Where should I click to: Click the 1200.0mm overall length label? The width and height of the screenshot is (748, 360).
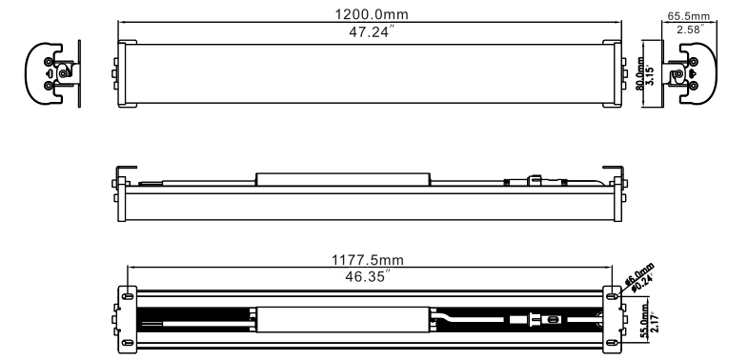(371, 14)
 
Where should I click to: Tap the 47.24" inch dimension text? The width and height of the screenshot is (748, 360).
(372, 33)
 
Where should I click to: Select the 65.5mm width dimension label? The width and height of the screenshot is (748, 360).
(688, 16)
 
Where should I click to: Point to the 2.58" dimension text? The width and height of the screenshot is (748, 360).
(691, 30)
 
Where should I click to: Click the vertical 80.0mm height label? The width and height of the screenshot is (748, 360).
(639, 74)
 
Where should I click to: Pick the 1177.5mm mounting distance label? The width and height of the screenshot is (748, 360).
(367, 260)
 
